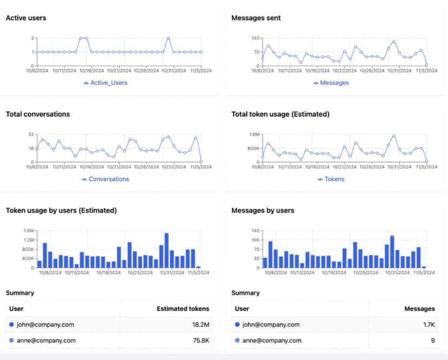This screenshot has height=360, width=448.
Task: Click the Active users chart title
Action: pos(26,18)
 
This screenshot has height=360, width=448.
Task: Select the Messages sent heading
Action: pos(256,18)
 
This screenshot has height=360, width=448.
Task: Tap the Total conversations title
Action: pos(37,114)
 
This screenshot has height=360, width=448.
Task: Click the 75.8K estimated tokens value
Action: pos(199,341)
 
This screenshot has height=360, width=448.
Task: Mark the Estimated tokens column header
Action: pos(182,309)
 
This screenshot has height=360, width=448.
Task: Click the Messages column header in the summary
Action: pos(419,309)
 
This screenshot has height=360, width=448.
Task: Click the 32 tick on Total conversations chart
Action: pos(31,134)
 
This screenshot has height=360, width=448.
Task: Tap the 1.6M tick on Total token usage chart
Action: pos(253,134)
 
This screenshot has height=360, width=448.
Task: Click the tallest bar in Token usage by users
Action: pos(167,250)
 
